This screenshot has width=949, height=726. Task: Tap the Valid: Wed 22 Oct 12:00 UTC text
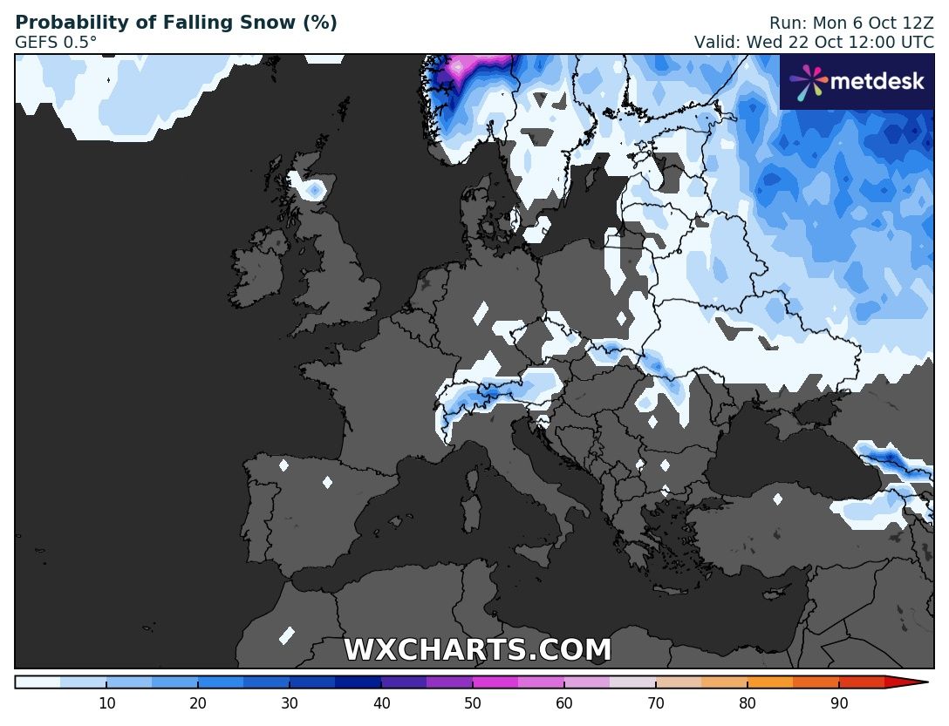tap(813, 42)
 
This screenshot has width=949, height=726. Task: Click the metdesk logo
tap(857, 82)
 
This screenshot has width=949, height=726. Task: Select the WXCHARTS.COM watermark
tap(477, 650)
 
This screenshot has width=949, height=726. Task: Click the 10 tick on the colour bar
tap(106, 703)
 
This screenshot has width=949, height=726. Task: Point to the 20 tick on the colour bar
tap(198, 703)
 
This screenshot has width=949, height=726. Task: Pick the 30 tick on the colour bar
tap(290, 703)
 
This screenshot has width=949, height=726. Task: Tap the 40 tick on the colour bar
tap(381, 703)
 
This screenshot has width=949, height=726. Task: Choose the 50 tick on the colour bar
tap(473, 703)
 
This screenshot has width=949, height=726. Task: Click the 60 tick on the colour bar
tap(564, 703)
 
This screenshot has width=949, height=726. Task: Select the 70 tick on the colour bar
tap(656, 703)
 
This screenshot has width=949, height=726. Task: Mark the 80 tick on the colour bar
tap(748, 703)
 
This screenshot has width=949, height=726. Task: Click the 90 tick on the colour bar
tap(839, 703)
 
